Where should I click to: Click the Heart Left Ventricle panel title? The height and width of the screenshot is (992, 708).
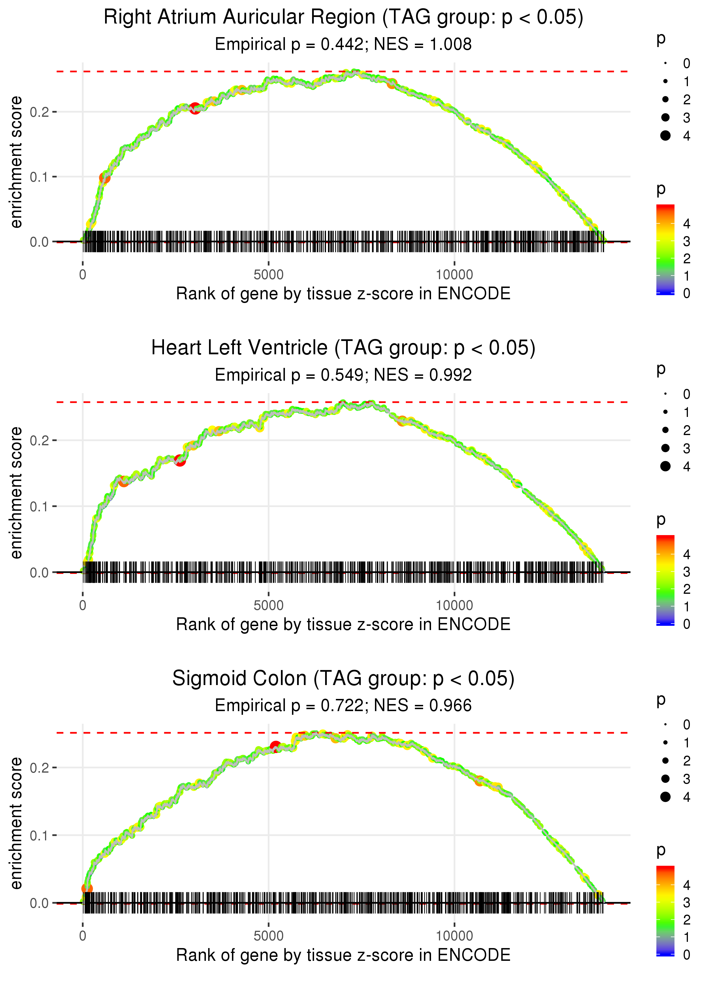[343, 348]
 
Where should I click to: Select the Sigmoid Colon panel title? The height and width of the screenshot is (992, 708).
[343, 678]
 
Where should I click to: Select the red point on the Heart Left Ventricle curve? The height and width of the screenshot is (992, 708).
[180, 460]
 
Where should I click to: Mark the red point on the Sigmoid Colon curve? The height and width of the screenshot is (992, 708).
[275, 746]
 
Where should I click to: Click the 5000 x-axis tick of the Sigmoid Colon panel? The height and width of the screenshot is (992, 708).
[268, 936]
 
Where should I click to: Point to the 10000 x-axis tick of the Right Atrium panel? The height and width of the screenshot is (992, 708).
[454, 275]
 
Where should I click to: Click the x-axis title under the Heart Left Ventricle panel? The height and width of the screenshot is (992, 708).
[343, 624]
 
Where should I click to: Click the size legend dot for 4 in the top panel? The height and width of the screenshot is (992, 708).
[665, 136]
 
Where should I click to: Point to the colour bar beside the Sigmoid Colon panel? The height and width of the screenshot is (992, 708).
[665, 910]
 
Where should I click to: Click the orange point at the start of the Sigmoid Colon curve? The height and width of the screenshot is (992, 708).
[87, 889]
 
